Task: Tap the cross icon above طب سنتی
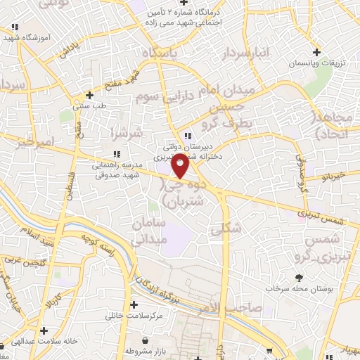point(89,95)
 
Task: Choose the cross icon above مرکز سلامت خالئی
point(134,304)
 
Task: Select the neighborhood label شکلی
point(226,228)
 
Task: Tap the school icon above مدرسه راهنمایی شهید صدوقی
point(117,154)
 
